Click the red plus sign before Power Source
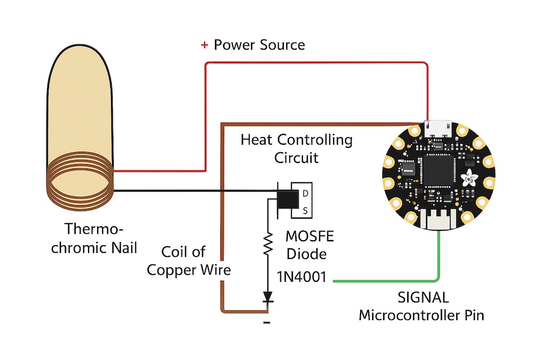[x=204, y=45]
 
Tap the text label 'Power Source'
[x=259, y=45]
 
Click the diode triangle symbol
[x=267, y=296]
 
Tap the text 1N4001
[x=302, y=277]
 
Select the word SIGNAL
[x=423, y=298]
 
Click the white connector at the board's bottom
[x=438, y=219]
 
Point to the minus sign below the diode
[x=266, y=323]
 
